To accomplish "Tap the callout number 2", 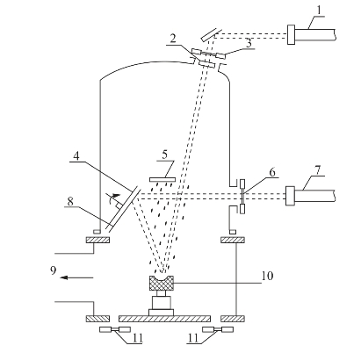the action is (x=173, y=39).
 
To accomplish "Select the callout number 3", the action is (x=249, y=43).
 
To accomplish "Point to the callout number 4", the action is (x=76, y=155).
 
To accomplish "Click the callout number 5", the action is (x=165, y=155).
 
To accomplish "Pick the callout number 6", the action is (x=272, y=172).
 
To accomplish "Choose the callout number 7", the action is (x=318, y=169).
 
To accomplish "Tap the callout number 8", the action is (x=70, y=201).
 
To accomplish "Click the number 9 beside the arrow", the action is (x=53, y=270).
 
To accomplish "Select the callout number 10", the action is (x=267, y=276).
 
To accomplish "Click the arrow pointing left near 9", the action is (x=76, y=277).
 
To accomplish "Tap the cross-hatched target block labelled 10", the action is (x=162, y=283).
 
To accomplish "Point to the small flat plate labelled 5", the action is (x=162, y=180).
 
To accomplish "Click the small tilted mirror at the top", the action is (x=211, y=34).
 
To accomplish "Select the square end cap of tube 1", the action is (x=292, y=34).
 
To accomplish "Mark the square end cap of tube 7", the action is (x=291, y=196).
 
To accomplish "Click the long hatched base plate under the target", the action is (x=164, y=319).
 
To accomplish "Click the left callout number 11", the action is (x=138, y=338).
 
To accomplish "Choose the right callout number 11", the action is (x=193, y=338).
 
